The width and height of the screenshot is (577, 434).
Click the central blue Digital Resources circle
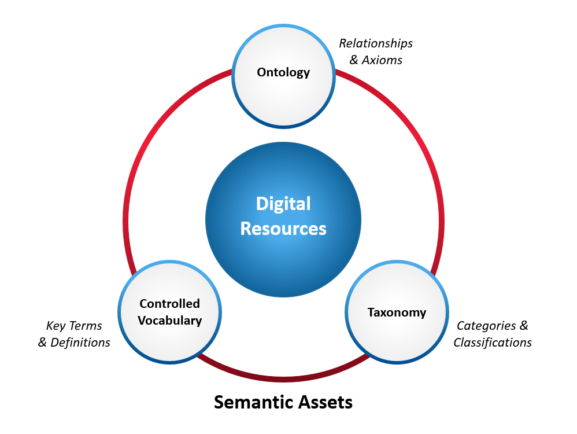pyautogui.click(x=283, y=255)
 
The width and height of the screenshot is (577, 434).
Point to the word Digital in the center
pyautogui.click(x=283, y=204)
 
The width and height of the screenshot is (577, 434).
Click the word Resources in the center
pyautogui.click(x=283, y=229)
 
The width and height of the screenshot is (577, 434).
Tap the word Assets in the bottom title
pyautogui.click(x=325, y=402)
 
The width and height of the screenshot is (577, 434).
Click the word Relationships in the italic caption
pyautogui.click(x=376, y=43)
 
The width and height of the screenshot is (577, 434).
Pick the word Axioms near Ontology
pyautogui.click(x=382, y=60)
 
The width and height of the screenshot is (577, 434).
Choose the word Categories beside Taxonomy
pyautogui.click(x=486, y=326)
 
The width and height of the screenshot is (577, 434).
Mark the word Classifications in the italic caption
pyautogui.click(x=493, y=343)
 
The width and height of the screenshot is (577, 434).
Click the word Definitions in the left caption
pyautogui.click(x=80, y=343)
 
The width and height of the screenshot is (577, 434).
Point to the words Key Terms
pyautogui.click(x=74, y=326)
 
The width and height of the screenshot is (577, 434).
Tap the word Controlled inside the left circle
pyautogui.click(x=170, y=304)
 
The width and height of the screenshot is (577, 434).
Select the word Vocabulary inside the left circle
pyautogui.click(x=170, y=321)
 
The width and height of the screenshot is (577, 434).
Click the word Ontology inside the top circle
pyautogui.click(x=283, y=72)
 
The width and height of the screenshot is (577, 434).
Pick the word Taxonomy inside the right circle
pyautogui.click(x=397, y=312)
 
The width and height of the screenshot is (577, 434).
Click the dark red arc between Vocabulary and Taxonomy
pyautogui.click(x=283, y=379)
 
